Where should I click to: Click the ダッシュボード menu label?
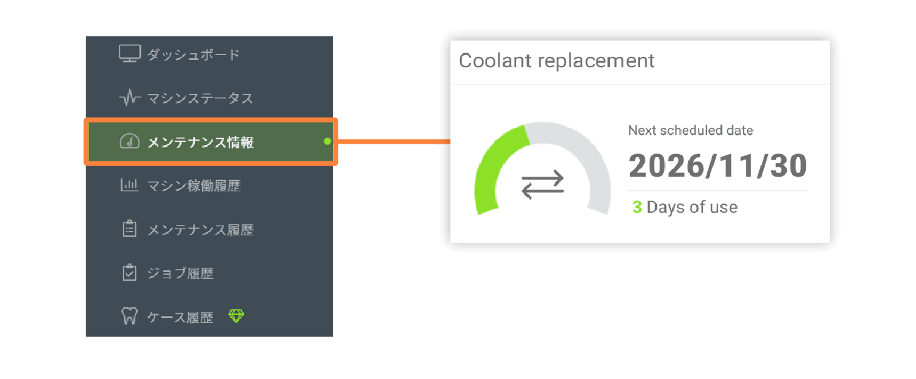(193, 54)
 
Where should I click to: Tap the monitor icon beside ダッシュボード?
(130, 54)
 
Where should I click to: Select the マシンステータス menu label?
(200, 98)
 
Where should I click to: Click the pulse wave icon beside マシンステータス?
(130, 98)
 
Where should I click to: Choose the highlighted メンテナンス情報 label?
(200, 142)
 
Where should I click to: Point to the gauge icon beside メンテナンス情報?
(130, 141)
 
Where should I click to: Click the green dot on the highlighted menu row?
(327, 141)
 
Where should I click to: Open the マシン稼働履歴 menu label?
(194, 186)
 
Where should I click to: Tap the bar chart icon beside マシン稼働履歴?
(129, 185)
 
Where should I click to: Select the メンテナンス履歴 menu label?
(200, 230)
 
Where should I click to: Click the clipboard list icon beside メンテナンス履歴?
(130, 229)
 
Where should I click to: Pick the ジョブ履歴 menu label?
(181, 273)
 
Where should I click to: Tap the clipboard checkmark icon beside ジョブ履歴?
(130, 273)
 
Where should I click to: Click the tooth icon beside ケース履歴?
(129, 315)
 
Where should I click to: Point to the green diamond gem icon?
(236, 315)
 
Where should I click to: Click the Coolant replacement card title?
(557, 61)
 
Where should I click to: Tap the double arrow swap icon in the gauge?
(542, 185)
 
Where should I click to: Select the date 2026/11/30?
(718, 166)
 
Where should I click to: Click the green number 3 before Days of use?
(637, 207)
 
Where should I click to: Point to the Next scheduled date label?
(691, 130)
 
